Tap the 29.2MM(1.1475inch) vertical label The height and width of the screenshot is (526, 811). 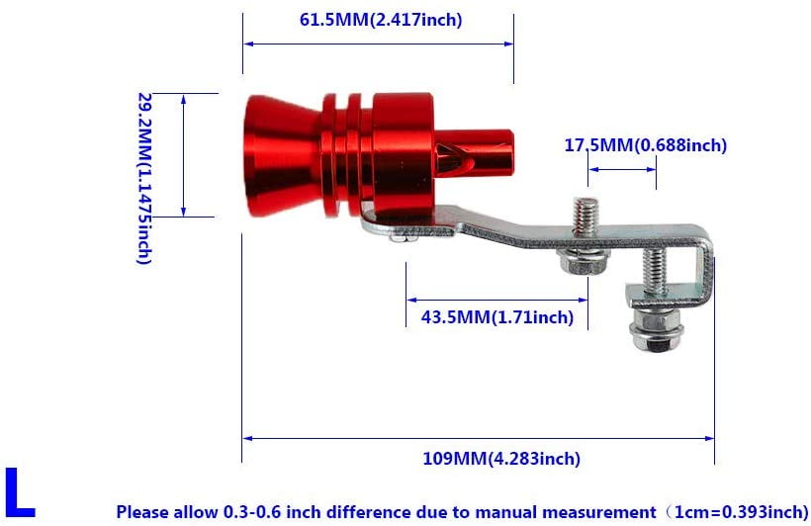(x=144, y=178)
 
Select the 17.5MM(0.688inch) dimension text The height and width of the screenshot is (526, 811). (x=645, y=145)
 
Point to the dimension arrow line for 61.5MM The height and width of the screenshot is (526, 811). (x=378, y=44)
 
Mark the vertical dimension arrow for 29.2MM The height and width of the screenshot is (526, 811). (x=184, y=155)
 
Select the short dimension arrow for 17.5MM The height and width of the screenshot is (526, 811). (x=622, y=168)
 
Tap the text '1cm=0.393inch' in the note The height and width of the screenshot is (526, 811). (x=742, y=512)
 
